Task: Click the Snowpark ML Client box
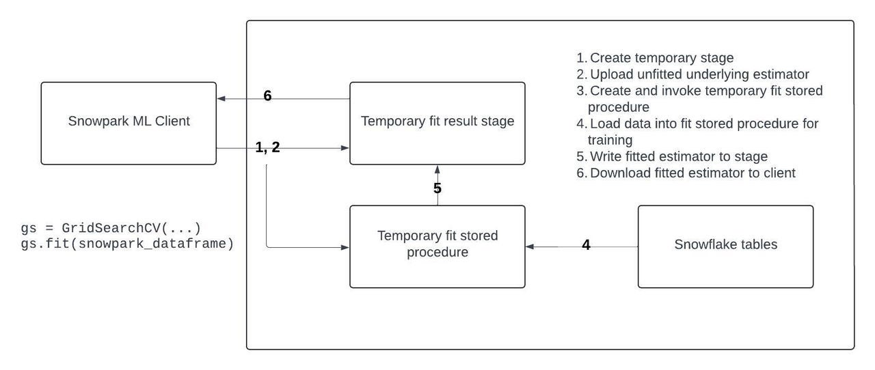(129, 123)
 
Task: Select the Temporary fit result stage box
(437, 123)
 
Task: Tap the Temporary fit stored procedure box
(437, 246)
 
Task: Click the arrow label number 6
(267, 96)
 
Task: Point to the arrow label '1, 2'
(267, 147)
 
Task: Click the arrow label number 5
(437, 188)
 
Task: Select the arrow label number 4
(586, 244)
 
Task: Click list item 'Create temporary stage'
(661, 58)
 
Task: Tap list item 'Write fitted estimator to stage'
(678, 156)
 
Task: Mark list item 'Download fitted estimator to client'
(692, 173)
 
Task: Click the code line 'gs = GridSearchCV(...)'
(111, 227)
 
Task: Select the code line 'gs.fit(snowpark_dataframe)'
(127, 243)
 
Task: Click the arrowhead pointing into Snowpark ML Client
(221, 99)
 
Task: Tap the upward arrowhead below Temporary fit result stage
(437, 168)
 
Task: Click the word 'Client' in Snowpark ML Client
(172, 122)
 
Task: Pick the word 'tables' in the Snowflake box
(759, 244)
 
